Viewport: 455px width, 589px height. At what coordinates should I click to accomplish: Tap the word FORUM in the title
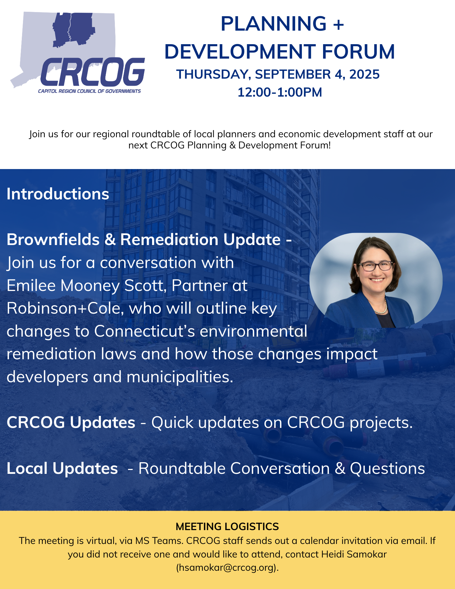(x=358, y=52)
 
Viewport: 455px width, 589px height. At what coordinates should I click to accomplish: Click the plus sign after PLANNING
(x=339, y=24)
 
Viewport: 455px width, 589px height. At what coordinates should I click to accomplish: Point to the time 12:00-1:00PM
(x=280, y=92)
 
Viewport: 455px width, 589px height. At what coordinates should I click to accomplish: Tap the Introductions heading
(x=58, y=194)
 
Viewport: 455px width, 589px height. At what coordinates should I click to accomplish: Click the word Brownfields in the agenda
(x=53, y=239)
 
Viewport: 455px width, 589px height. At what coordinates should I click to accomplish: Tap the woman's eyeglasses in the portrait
(x=376, y=266)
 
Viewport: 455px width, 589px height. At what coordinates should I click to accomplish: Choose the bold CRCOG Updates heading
(x=71, y=422)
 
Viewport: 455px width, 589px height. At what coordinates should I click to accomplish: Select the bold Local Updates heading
(x=62, y=468)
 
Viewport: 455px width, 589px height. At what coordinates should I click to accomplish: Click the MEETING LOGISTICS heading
(x=227, y=527)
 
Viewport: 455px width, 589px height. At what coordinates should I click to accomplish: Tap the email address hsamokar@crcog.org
(x=227, y=568)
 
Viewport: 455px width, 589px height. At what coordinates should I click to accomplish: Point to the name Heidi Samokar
(x=354, y=554)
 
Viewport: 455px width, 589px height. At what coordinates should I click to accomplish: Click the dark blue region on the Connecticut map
(x=74, y=29)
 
